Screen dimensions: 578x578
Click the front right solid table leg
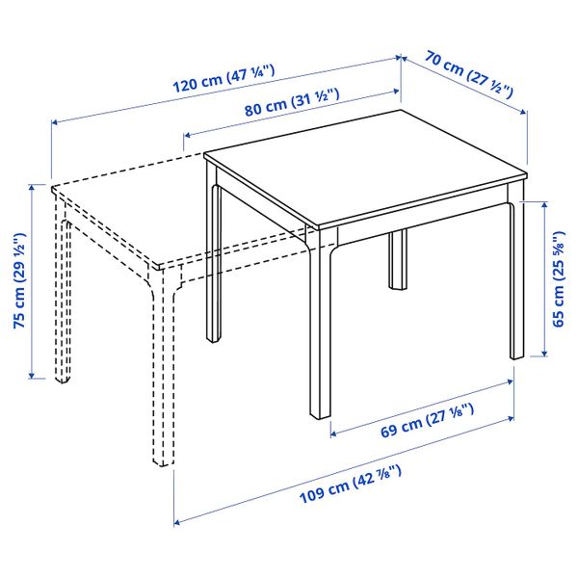pos(515,279)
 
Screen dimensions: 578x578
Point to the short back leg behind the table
pos(396,259)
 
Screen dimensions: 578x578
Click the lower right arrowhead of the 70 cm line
pos(525,111)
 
